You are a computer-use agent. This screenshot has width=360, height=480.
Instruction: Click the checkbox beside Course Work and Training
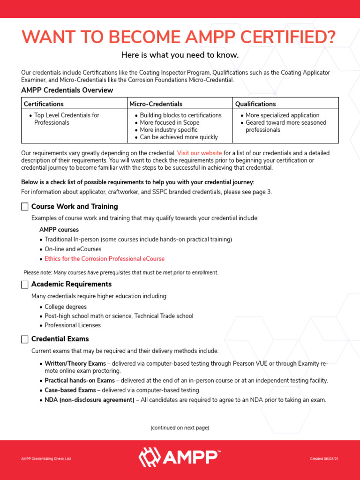pyautogui.click(x=25, y=207)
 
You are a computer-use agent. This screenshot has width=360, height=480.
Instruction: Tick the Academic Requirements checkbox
pyautogui.click(x=25, y=285)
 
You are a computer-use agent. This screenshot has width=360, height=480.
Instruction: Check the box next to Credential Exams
pyautogui.click(x=25, y=339)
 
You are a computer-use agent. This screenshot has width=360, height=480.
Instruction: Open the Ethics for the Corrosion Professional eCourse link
pyautogui.click(x=105, y=259)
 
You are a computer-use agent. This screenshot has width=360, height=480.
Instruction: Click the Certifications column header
pyautogui.click(x=44, y=104)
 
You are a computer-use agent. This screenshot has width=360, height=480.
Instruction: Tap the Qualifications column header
pyautogui.click(x=255, y=104)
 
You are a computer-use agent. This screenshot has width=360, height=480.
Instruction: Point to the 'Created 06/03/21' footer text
pyautogui.click(x=324, y=459)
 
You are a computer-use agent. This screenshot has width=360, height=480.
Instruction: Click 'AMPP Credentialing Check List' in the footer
pyautogui.click(x=46, y=459)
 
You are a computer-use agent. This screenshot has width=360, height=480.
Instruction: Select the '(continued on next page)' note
pyautogui.click(x=180, y=428)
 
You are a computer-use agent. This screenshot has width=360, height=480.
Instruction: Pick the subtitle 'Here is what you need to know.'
pyautogui.click(x=180, y=55)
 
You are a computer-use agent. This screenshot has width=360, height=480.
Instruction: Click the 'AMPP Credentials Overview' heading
pyautogui.click(x=67, y=90)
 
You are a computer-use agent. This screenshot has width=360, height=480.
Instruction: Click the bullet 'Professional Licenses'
pyautogui.click(x=73, y=325)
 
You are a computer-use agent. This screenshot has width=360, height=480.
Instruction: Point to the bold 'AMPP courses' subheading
pyautogui.click(x=59, y=230)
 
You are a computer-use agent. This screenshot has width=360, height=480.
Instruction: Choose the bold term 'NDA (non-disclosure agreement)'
pyautogui.click(x=90, y=400)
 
